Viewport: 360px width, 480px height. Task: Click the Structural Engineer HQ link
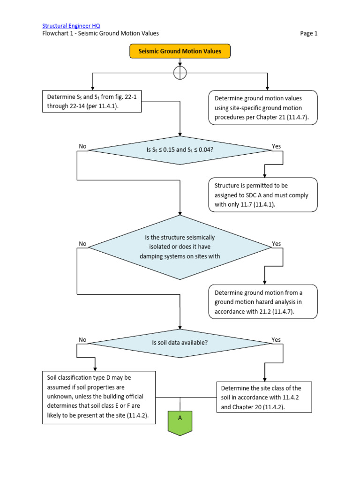pyautogui.click(x=71, y=25)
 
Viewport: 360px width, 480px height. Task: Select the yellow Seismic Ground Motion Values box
pyautogui.click(x=180, y=51)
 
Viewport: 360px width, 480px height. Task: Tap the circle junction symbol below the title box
pyautogui.click(x=180, y=73)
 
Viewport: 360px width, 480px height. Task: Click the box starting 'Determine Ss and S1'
pyautogui.click(x=92, y=102)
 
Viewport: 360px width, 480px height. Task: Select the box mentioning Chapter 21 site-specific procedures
pyautogui.click(x=263, y=107)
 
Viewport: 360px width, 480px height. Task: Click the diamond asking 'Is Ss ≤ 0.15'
pyautogui.click(x=180, y=150)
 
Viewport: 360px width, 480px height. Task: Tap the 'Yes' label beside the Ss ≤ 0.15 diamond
pyautogui.click(x=277, y=146)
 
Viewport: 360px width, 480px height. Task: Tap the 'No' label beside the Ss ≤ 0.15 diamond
pyautogui.click(x=83, y=146)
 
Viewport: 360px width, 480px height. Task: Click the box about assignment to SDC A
pyautogui.click(x=263, y=195)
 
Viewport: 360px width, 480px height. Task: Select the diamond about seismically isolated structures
pyautogui.click(x=180, y=247)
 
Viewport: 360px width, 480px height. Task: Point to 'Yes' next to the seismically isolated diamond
pyautogui.click(x=277, y=244)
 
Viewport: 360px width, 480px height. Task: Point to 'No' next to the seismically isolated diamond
pyautogui.click(x=83, y=244)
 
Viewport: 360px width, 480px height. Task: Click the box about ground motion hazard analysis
pyautogui.click(x=263, y=302)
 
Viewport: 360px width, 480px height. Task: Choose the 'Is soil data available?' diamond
pyautogui.click(x=180, y=342)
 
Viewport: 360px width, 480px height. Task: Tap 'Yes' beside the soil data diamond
pyautogui.click(x=277, y=339)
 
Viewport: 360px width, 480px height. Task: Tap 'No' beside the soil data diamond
pyautogui.click(x=83, y=339)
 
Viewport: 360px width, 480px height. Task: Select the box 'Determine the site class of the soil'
pyautogui.click(x=264, y=397)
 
